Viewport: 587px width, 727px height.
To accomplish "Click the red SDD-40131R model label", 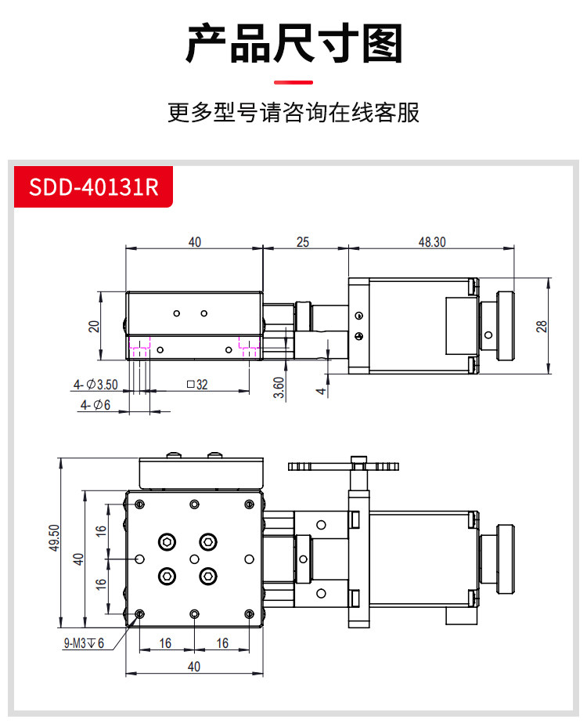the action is (x=93, y=187).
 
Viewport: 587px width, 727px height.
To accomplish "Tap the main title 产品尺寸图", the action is (x=293, y=44).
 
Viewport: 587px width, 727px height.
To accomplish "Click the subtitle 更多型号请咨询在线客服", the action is (x=293, y=113).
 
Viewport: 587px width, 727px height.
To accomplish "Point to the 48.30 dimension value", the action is (x=432, y=242).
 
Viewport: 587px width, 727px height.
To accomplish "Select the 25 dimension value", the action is (x=303, y=242).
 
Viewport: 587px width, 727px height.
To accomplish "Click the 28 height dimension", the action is (x=542, y=327).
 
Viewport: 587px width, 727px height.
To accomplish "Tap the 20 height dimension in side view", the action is (x=94, y=327).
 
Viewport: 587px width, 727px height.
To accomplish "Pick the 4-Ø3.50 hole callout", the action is (x=95, y=385).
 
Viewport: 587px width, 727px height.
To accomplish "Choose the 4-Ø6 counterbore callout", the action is (x=95, y=405).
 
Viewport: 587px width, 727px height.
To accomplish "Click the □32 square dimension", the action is (x=197, y=385).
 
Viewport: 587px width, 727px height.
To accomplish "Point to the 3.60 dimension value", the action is (x=279, y=388).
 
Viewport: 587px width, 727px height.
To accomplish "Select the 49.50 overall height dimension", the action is (x=55, y=538).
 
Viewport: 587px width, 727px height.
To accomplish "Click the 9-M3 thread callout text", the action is (x=84, y=643).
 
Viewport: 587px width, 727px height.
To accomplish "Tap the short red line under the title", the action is (x=293, y=82).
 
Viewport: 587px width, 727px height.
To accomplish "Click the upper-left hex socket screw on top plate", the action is (x=167, y=541).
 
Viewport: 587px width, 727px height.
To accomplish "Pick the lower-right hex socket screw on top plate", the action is (x=208, y=577).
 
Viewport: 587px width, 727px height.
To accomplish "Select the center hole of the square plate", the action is (x=195, y=559).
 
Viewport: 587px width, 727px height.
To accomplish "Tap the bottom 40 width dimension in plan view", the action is (x=194, y=666).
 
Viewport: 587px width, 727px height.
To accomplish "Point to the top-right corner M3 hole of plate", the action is (x=249, y=505).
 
